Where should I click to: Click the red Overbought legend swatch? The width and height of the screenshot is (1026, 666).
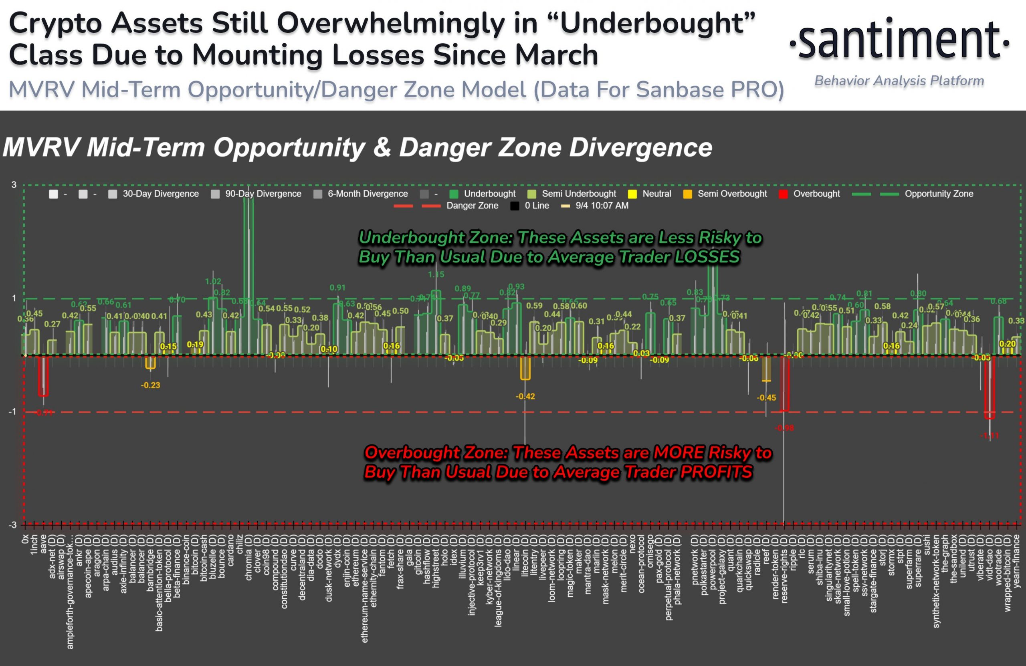click(x=783, y=194)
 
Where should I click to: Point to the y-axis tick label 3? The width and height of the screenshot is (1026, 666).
click(x=14, y=185)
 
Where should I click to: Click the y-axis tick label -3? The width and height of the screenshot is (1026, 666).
click(x=12, y=525)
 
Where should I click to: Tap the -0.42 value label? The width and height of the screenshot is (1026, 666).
click(x=525, y=396)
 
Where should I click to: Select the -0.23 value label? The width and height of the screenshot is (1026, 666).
click(x=150, y=385)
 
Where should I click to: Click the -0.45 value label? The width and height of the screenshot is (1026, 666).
click(x=766, y=398)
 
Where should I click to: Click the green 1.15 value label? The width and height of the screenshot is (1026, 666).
click(x=436, y=274)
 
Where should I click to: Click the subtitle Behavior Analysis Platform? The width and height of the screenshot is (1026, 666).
click(x=899, y=81)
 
